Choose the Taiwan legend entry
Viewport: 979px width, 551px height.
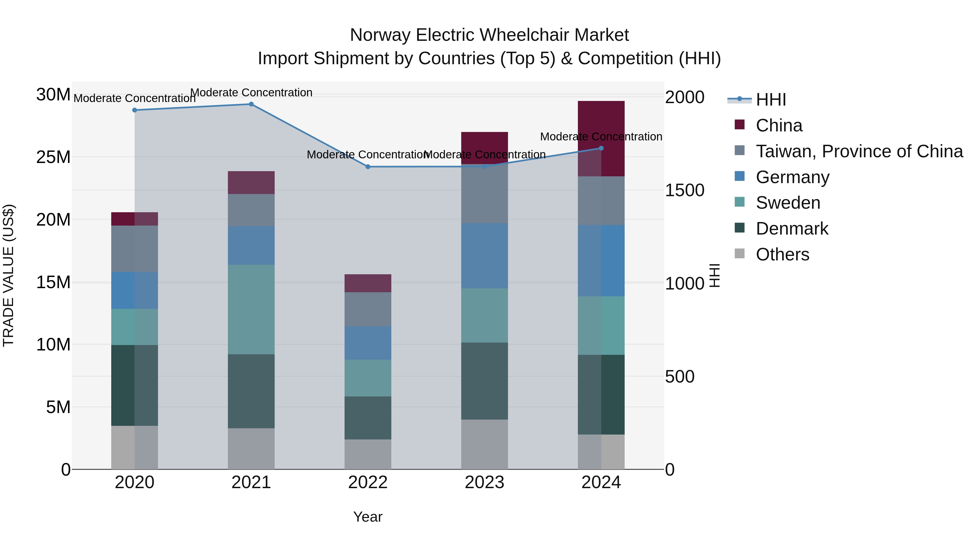[x=859, y=151]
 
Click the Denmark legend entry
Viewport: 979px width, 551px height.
[x=792, y=229]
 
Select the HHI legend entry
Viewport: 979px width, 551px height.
[x=770, y=100]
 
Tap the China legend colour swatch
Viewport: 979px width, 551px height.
[x=740, y=125]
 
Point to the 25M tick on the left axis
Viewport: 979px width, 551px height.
[x=53, y=157]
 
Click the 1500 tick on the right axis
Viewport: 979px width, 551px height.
[x=684, y=190]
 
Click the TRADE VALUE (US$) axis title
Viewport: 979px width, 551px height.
[x=8, y=275]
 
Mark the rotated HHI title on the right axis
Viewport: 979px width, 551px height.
[x=714, y=275]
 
